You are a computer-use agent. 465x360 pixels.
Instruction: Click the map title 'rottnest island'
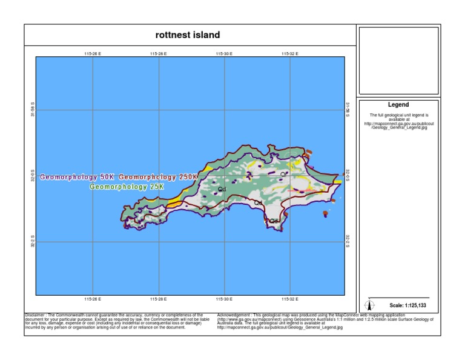pyautogui.click(x=188, y=35)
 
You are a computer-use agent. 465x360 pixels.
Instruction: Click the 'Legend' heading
pyautogui.click(x=398, y=105)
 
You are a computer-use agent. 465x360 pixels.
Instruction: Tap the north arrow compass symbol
pyautogui.click(x=369, y=305)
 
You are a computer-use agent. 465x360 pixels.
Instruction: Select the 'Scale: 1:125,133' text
pyautogui.click(x=407, y=305)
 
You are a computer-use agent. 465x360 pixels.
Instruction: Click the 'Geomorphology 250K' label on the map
pyautogui.click(x=158, y=177)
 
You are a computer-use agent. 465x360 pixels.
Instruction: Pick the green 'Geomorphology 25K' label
pyautogui.click(x=127, y=187)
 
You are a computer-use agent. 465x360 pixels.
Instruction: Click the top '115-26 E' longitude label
pyautogui.click(x=93, y=54)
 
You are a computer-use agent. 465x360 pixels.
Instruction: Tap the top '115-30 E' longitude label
pyautogui.click(x=225, y=54)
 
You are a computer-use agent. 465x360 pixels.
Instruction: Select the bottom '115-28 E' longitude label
pyautogui.click(x=159, y=299)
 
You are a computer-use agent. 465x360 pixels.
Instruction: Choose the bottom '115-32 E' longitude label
pyautogui.click(x=290, y=299)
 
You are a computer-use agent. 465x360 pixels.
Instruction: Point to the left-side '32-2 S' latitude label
pyautogui.click(x=32, y=241)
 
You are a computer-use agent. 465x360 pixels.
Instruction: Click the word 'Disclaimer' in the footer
pyautogui.click(x=35, y=315)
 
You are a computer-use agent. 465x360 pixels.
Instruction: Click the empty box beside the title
pyautogui.click(x=398, y=59)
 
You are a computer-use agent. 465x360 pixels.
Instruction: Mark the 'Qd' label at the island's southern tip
pyautogui.click(x=273, y=221)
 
